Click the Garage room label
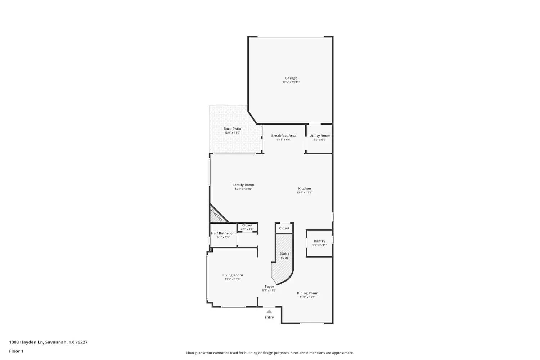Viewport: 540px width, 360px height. click(x=291, y=78)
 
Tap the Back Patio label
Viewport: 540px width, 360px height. click(x=232, y=129)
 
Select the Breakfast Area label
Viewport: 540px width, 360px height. click(x=284, y=136)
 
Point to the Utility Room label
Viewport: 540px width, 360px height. click(x=320, y=136)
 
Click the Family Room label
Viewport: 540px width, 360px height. click(x=243, y=185)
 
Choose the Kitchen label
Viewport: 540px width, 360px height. click(x=305, y=189)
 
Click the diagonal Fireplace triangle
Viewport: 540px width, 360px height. click(x=216, y=215)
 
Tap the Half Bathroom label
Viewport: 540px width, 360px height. click(x=223, y=233)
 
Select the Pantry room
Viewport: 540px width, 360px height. click(x=319, y=243)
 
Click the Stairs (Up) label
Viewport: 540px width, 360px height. click(x=284, y=255)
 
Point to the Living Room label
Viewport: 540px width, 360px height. click(x=233, y=275)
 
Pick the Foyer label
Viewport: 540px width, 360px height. click(x=269, y=287)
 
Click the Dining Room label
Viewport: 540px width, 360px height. click(x=307, y=293)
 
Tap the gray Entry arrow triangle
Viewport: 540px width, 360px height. click(x=269, y=311)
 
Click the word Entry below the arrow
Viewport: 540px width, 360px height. click(x=269, y=318)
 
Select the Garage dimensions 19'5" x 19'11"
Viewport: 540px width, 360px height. click(x=291, y=82)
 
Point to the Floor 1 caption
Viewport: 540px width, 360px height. click(x=16, y=351)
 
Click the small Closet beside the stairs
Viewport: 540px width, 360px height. click(x=284, y=228)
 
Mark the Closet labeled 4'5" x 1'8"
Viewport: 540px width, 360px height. click(x=247, y=227)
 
